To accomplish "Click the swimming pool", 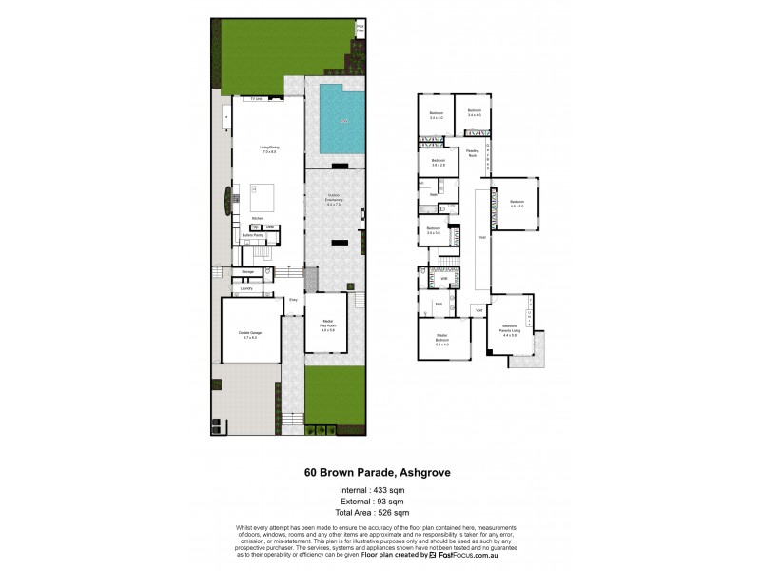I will click(x=342, y=120).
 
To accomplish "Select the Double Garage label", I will click(x=250, y=334).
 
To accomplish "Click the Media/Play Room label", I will click(x=328, y=325).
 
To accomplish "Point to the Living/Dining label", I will click(x=269, y=149).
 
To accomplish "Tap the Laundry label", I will click(x=245, y=287).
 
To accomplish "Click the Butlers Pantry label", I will click(x=253, y=235).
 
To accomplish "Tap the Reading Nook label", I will click(x=472, y=152).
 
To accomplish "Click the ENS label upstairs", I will click(x=439, y=305).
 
